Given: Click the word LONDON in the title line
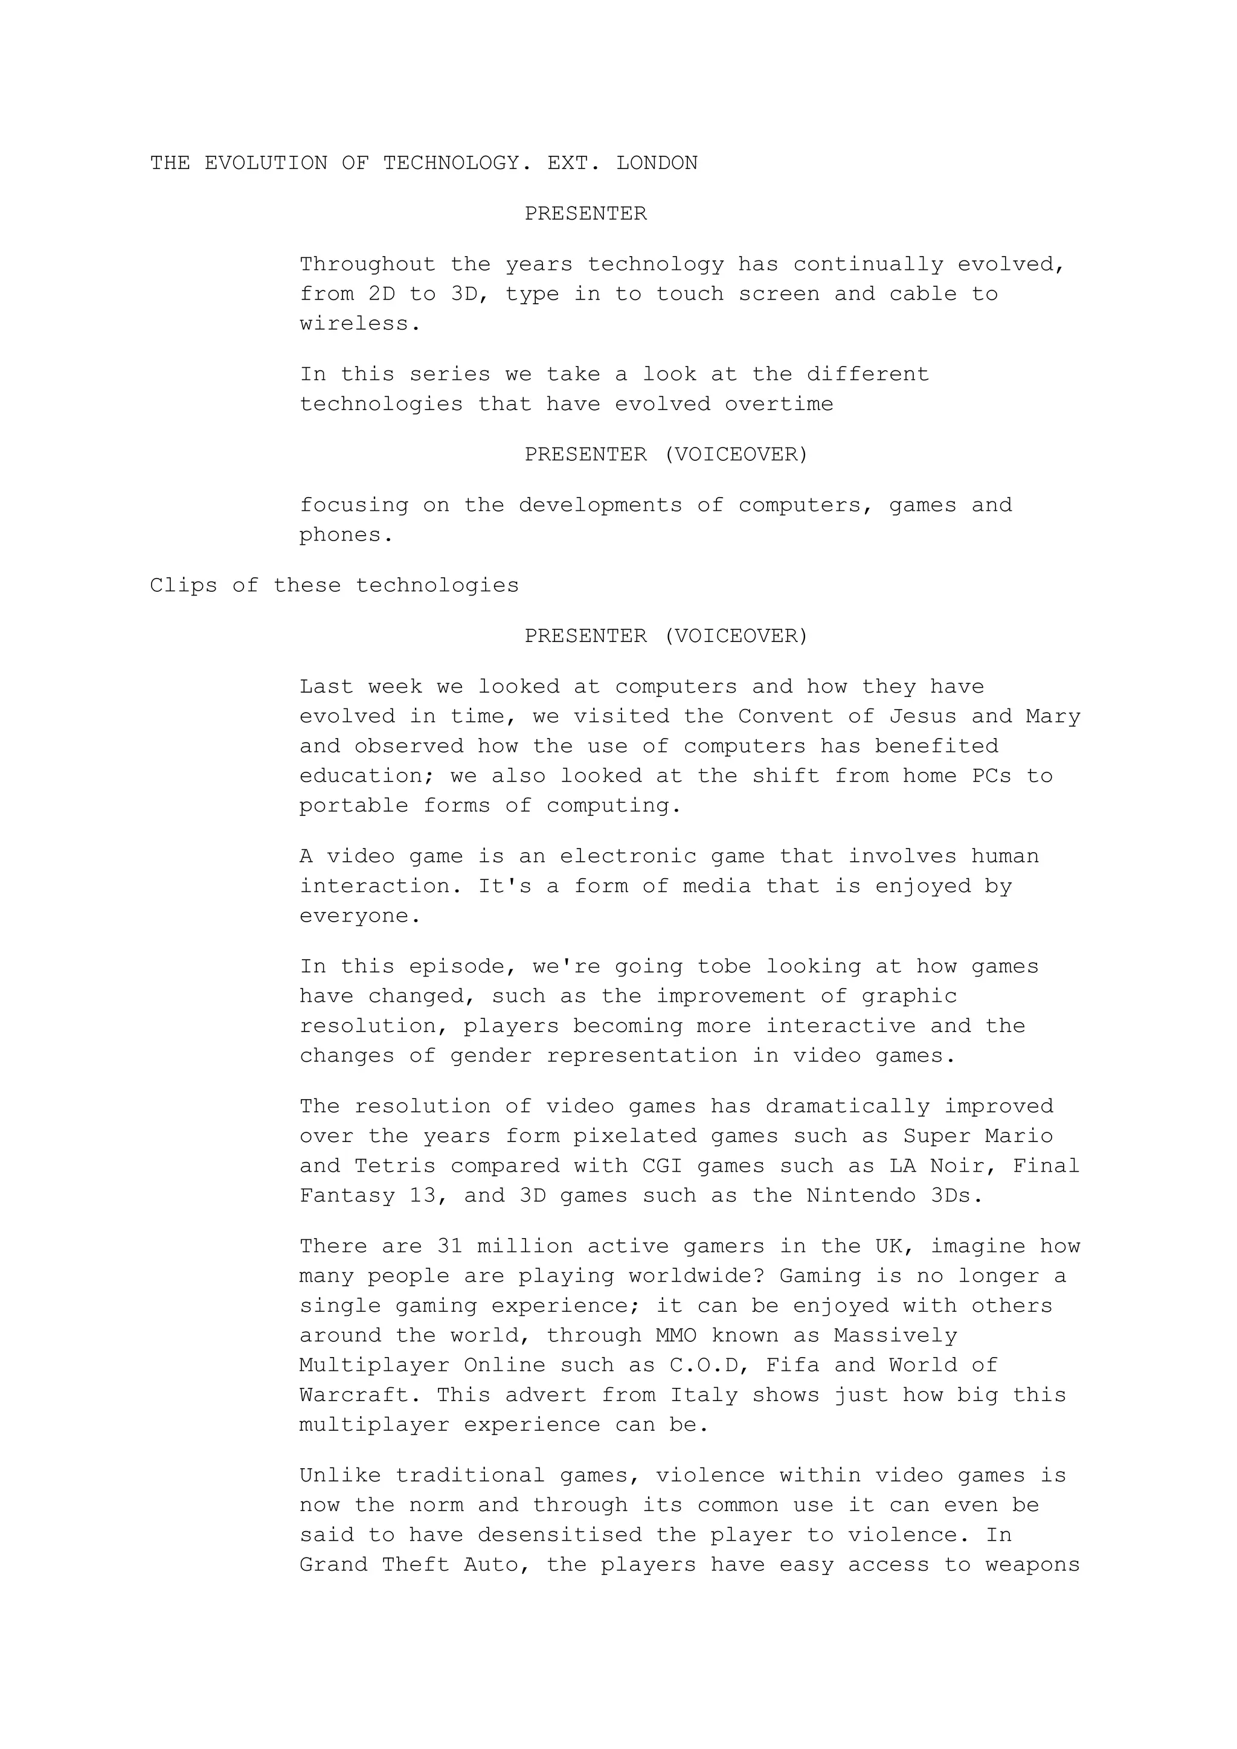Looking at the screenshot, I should click(x=657, y=163).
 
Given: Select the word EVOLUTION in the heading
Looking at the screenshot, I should click(x=266, y=163).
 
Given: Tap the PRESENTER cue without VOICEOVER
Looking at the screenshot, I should click(x=585, y=213).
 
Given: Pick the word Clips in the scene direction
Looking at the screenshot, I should click(x=184, y=586).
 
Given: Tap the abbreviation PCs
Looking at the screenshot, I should click(x=991, y=776).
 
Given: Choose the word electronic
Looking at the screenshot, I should click(x=628, y=856).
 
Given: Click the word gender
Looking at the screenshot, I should click(x=491, y=1056).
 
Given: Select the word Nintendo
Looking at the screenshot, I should click(x=861, y=1196).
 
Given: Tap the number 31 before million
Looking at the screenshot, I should click(x=450, y=1247).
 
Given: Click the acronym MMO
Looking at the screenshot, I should click(x=676, y=1335).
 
